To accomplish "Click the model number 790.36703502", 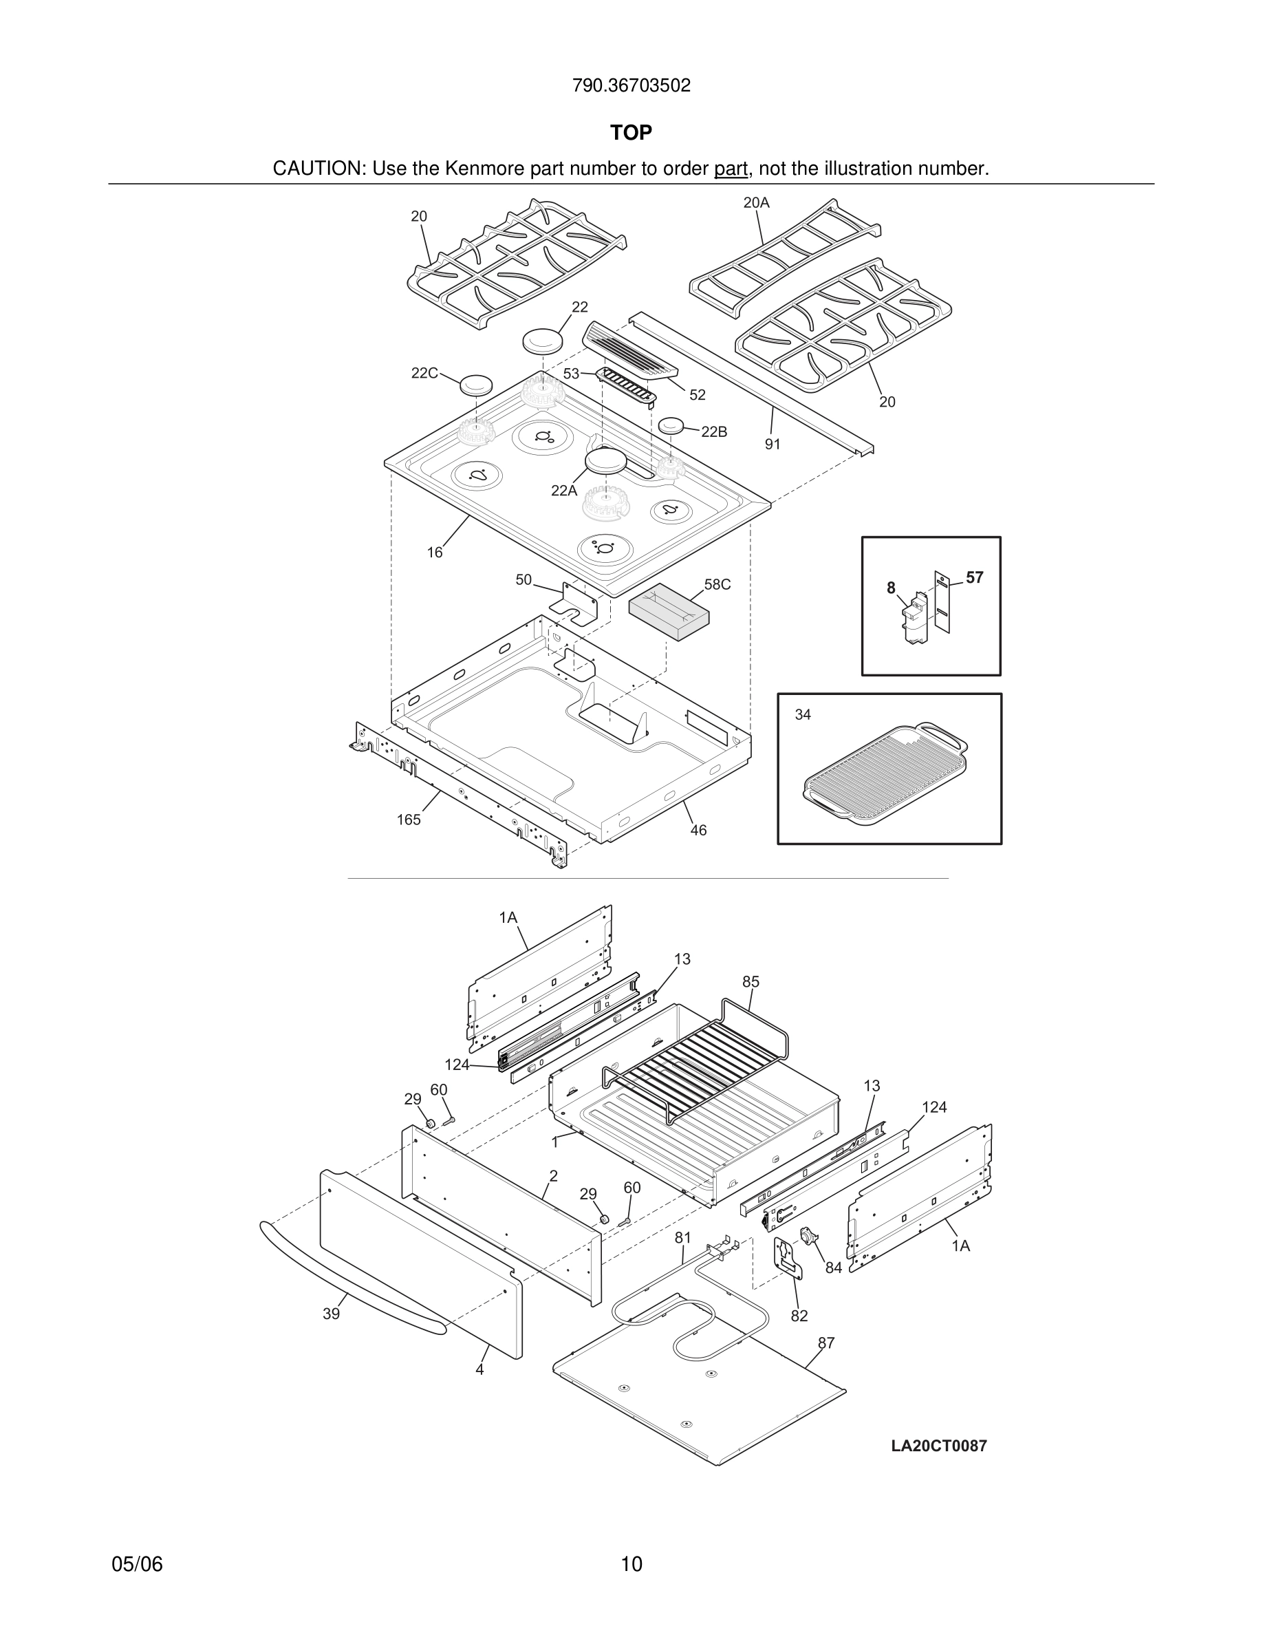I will [x=631, y=86].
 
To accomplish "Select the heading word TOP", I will [x=631, y=133].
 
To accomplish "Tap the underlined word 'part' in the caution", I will [x=731, y=169].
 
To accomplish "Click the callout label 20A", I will [x=756, y=202].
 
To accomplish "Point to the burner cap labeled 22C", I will [x=476, y=385].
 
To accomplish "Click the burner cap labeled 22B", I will [x=672, y=426].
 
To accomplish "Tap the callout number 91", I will [x=772, y=444].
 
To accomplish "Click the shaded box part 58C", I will [x=669, y=612].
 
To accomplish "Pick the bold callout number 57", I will [x=974, y=577].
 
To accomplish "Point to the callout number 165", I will [x=409, y=820].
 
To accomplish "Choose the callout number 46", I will [x=698, y=830].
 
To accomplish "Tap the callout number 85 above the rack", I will [x=751, y=981].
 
